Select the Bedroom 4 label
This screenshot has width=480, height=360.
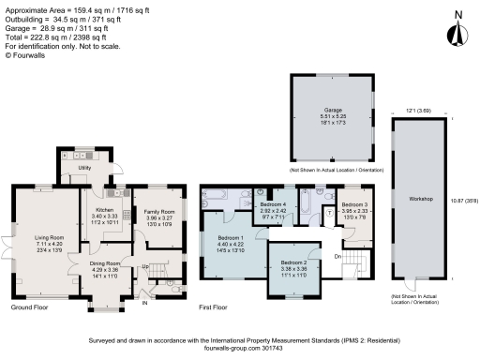(x=274, y=203)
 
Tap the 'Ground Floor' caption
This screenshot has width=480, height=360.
(x=30, y=307)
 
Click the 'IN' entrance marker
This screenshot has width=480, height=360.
(x=144, y=303)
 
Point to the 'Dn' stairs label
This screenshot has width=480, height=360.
(x=338, y=254)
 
